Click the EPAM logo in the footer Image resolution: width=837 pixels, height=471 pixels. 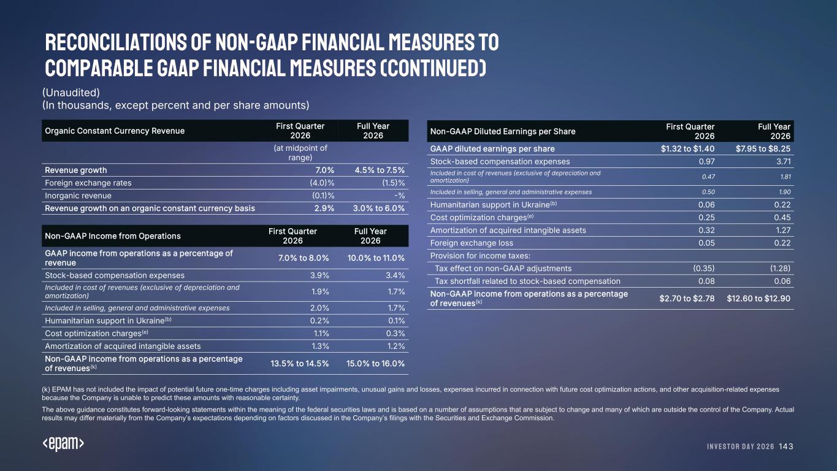63,445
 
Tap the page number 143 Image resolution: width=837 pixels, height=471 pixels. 785,446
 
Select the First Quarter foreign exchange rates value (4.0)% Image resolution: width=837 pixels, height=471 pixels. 322,183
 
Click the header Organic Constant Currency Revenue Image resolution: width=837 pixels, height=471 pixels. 115,131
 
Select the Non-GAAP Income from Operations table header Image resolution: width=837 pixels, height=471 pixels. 113,236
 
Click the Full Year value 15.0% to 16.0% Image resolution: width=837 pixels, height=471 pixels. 375,363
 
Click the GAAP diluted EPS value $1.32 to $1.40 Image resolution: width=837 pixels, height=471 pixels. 687,149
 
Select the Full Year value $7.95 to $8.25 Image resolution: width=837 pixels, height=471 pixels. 763,149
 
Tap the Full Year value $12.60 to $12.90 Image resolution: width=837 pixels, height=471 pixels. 759,299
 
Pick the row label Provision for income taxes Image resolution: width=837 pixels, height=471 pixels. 480,256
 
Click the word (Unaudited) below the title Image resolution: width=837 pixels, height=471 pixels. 71,92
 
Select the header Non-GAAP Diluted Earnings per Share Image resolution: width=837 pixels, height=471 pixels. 503,131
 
